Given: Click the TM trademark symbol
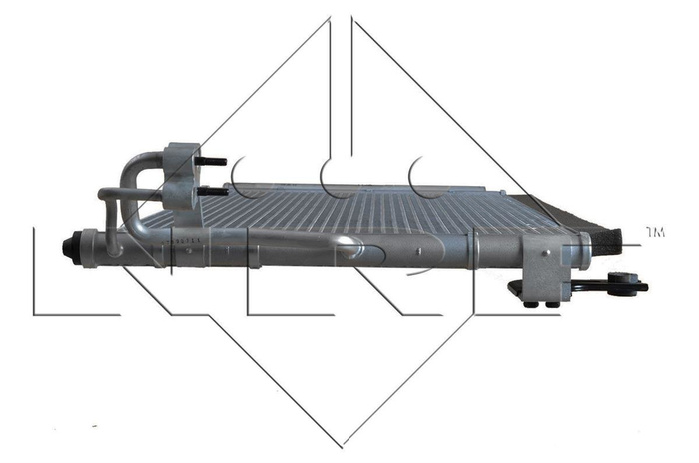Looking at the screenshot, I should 655,232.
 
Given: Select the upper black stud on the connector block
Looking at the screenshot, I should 213,161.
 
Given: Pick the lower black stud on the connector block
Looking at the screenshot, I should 211,191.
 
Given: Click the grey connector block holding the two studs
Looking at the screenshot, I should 182,176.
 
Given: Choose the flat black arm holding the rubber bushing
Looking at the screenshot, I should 597,288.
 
